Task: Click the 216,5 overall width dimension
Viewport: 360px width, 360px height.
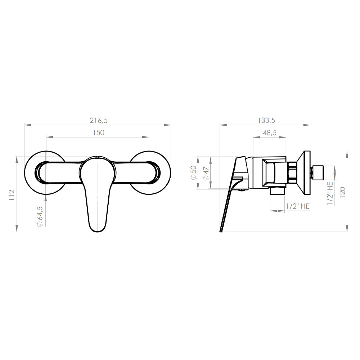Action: (99, 120)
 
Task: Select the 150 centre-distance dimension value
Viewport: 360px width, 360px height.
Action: (99, 133)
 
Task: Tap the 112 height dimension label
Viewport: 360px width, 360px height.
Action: (12, 195)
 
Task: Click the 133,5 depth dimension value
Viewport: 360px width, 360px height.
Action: (266, 120)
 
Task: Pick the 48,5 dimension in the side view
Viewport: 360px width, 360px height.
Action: (270, 133)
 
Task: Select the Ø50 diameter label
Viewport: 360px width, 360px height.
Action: (193, 172)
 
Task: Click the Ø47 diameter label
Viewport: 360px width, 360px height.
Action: (206, 174)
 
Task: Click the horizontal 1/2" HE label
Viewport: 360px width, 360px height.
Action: (298, 206)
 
